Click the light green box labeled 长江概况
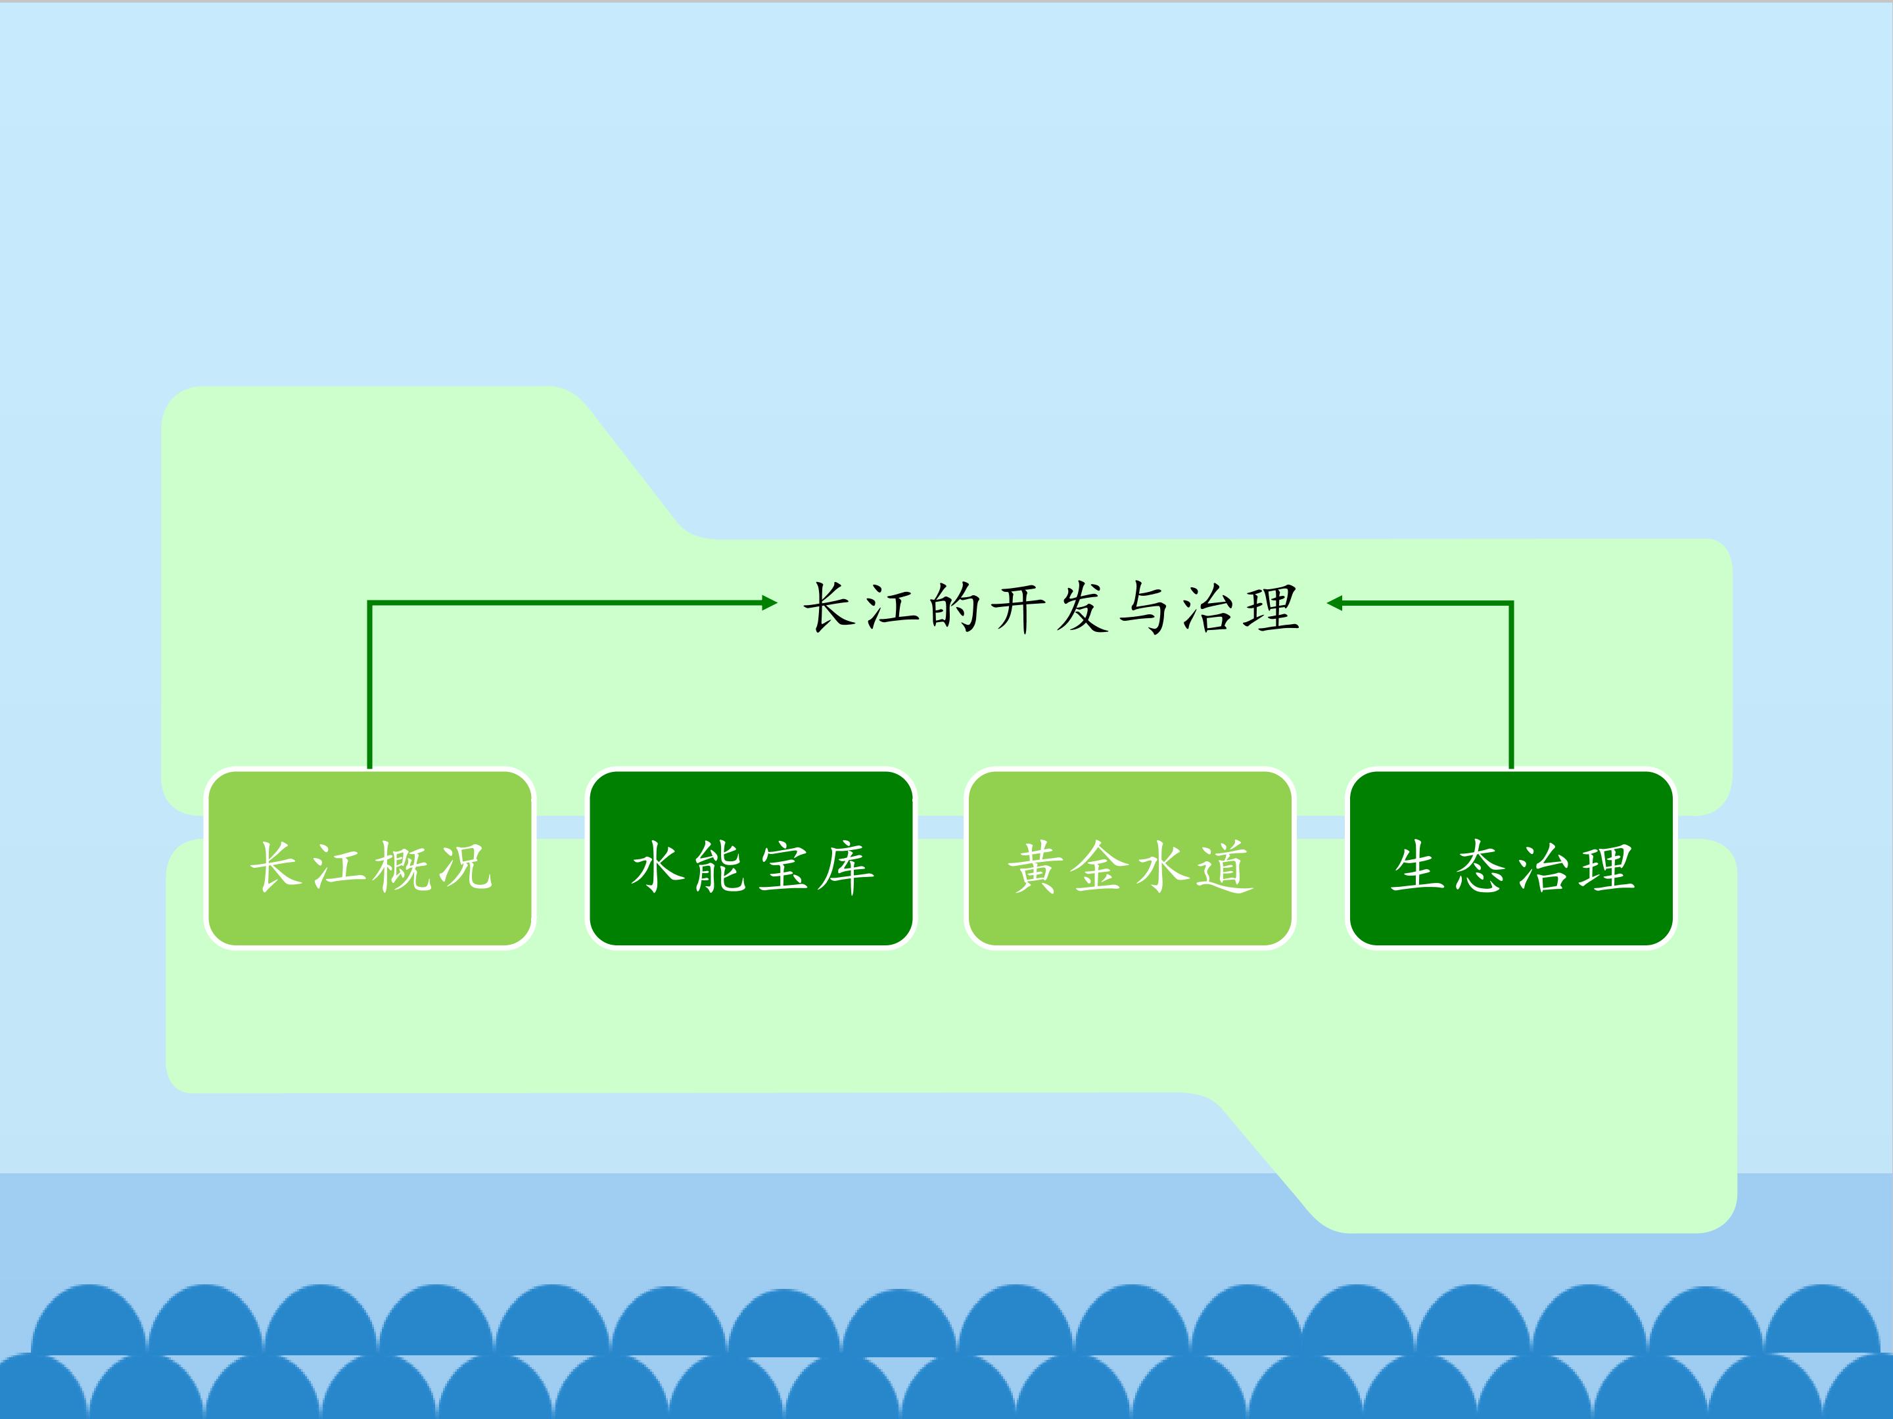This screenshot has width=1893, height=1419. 369,859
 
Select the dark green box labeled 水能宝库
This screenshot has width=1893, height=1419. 751,859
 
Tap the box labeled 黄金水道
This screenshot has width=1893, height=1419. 1130,859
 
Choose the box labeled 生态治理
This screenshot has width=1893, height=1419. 1511,859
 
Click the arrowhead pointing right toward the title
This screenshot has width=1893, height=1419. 769,603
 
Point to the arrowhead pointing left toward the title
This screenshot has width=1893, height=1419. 1335,603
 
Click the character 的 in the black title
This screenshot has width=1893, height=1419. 954,607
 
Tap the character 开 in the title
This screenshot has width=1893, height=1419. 1018,607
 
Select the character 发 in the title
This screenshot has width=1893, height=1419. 1082,607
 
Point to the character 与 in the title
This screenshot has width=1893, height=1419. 1145,607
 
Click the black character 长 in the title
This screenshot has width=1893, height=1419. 828,607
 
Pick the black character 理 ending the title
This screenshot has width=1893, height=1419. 1272,607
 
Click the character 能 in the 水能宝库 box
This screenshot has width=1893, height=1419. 720,867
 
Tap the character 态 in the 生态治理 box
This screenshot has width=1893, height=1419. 1480,867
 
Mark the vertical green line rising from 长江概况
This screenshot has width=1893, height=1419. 369,685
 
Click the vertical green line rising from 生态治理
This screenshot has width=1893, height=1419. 1511,685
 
